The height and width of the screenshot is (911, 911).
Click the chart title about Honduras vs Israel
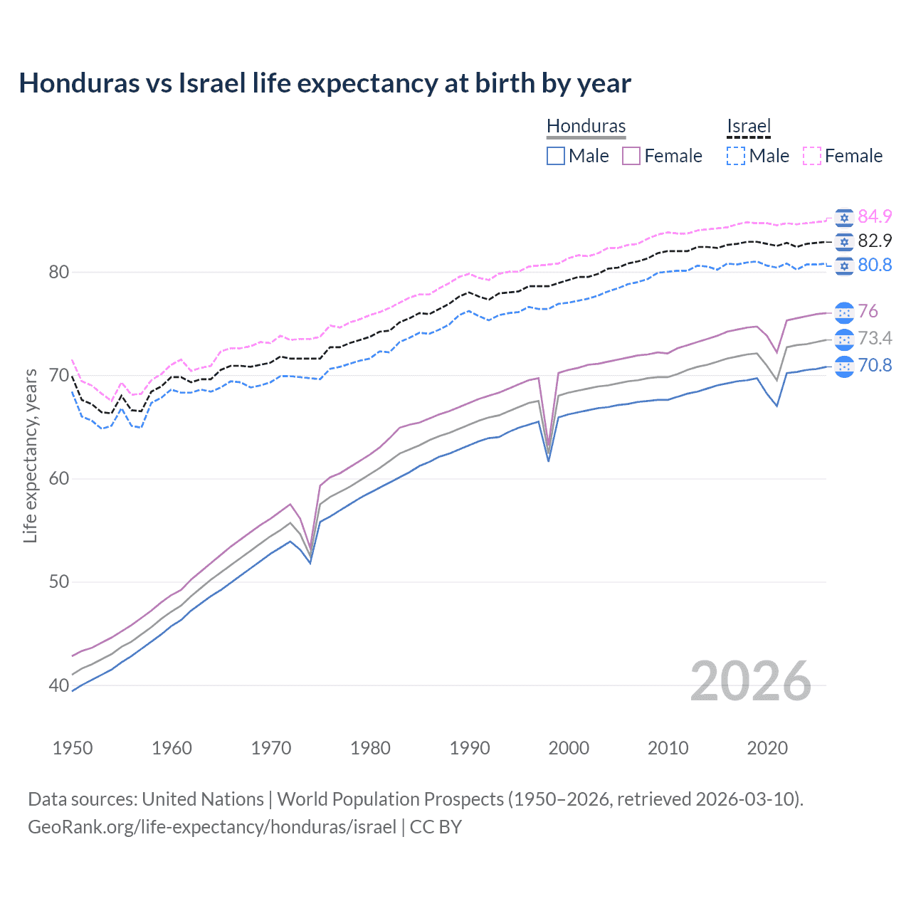pyautogui.click(x=325, y=83)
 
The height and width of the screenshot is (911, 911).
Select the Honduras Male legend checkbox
pyautogui.click(x=556, y=156)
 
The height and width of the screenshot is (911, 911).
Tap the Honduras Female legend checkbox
pyautogui.click(x=631, y=156)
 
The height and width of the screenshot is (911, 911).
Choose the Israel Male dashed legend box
pyautogui.click(x=736, y=156)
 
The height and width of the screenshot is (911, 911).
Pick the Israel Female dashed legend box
pyautogui.click(x=811, y=156)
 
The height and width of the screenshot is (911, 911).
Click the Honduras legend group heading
pyautogui.click(x=586, y=126)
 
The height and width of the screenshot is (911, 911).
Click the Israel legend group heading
pyautogui.click(x=749, y=126)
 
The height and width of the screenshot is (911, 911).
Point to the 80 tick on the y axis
pyautogui.click(x=59, y=272)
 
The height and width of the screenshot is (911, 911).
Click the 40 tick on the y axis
pyautogui.click(x=59, y=685)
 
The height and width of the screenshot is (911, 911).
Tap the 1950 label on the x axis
pyautogui.click(x=73, y=748)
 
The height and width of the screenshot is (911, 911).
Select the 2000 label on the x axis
pyautogui.click(x=569, y=748)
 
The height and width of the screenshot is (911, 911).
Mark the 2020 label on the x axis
pyautogui.click(x=767, y=748)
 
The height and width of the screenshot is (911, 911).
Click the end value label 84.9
pyautogui.click(x=875, y=216)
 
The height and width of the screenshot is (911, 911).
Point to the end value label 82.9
pyautogui.click(x=875, y=241)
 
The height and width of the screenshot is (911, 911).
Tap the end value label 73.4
pyautogui.click(x=875, y=338)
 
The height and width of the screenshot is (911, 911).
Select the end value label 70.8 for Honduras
pyautogui.click(x=875, y=365)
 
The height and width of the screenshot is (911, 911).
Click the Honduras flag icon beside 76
pyautogui.click(x=844, y=312)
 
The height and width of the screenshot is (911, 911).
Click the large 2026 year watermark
pyautogui.click(x=751, y=681)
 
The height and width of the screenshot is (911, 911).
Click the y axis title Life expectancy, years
pyautogui.click(x=31, y=455)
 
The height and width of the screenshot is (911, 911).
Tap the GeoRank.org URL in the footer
pyautogui.click(x=212, y=827)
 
